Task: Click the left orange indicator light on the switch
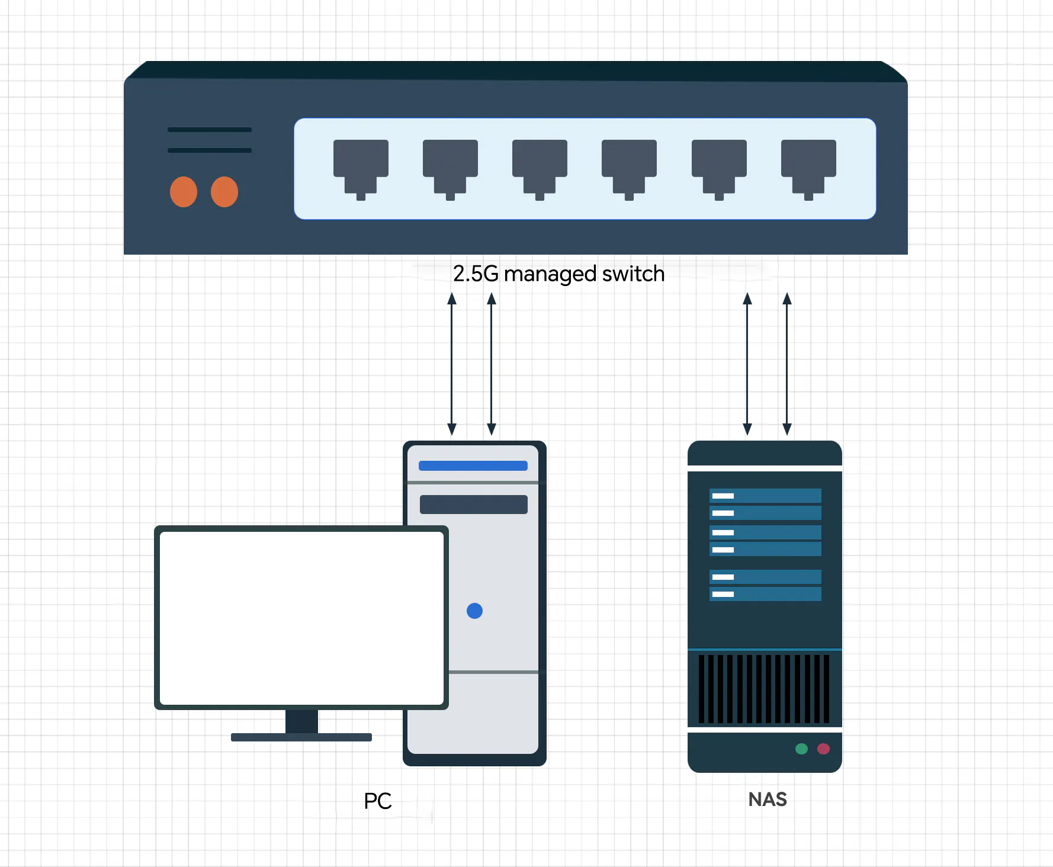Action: [x=184, y=192]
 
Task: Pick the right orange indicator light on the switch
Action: [x=224, y=192]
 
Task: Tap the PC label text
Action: [x=378, y=801]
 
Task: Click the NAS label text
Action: [x=768, y=799]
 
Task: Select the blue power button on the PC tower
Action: [x=474, y=611]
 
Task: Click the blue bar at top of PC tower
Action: [x=473, y=465]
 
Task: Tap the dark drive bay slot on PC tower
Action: [x=473, y=505]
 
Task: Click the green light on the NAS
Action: [x=801, y=749]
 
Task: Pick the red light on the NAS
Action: [x=823, y=749]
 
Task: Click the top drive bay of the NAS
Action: [x=765, y=496]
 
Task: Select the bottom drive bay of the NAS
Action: [x=765, y=594]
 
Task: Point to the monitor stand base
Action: [x=301, y=737]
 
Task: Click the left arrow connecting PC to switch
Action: [x=452, y=364]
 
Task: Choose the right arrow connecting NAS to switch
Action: [x=787, y=364]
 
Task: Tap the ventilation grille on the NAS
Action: [x=764, y=689]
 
